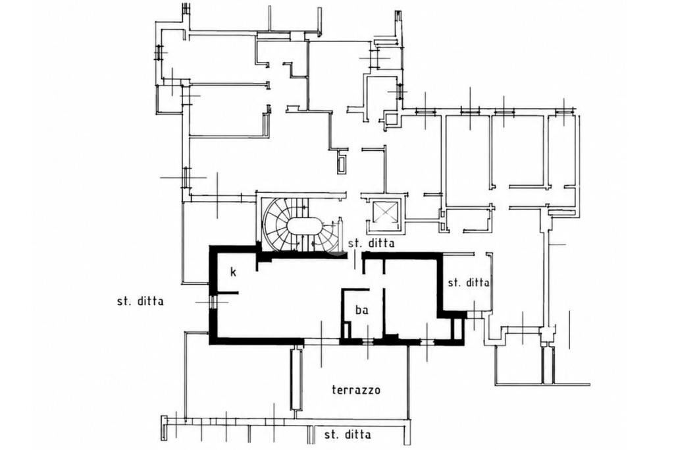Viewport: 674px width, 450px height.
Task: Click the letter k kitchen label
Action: click(234, 272)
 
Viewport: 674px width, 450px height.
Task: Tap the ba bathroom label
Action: click(362, 310)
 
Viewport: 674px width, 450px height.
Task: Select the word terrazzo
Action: click(356, 390)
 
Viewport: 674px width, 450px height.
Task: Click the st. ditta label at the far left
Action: click(140, 301)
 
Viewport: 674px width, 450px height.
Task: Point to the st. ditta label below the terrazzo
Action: click(348, 434)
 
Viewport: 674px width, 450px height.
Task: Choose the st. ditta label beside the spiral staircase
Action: click(371, 244)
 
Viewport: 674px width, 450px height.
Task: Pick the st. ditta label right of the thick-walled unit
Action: click(469, 283)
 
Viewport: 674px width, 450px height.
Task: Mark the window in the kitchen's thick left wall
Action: click(212, 302)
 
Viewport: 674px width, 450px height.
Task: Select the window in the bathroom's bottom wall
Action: click(367, 342)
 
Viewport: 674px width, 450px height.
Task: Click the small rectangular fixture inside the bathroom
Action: click(346, 330)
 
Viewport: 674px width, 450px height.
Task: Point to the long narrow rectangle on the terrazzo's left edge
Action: click(296, 379)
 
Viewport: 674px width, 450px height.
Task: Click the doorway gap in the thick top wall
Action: click(355, 256)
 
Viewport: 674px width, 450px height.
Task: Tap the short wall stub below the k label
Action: click(228, 293)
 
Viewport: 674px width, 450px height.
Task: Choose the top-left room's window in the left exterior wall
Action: click(159, 52)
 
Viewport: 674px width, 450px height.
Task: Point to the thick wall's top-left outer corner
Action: click(210, 246)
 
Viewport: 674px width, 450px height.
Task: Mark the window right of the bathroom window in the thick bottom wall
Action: click(427, 343)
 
